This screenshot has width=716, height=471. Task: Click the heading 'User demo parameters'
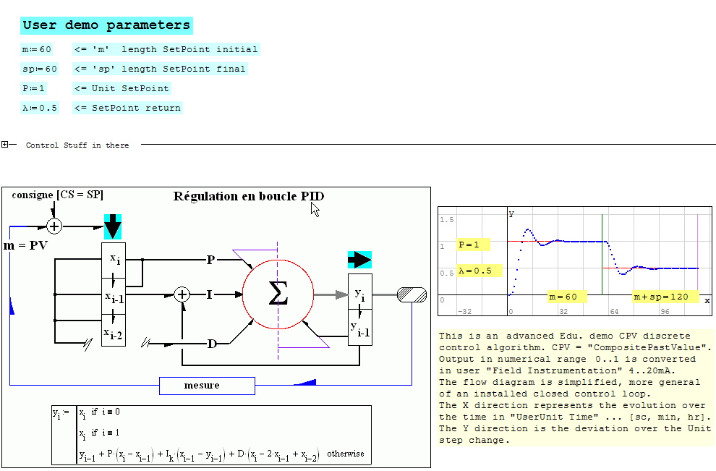[x=106, y=25]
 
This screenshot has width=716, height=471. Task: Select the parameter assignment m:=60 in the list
[x=36, y=50]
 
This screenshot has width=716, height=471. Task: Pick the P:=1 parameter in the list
[x=33, y=88]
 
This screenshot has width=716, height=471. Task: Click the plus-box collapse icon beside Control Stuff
[x=5, y=145]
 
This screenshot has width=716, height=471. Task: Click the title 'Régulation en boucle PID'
[x=249, y=197]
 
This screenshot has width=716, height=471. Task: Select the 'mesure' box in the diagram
[x=207, y=386]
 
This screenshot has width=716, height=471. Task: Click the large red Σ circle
[x=278, y=294]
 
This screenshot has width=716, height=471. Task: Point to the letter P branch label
[x=210, y=260]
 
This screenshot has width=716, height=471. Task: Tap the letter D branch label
[x=212, y=344]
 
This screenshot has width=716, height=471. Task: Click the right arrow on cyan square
[x=359, y=260]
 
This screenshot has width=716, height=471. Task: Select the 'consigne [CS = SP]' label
[x=57, y=195]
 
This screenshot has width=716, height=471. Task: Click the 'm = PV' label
[x=26, y=246]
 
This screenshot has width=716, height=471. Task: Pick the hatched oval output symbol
[x=411, y=294]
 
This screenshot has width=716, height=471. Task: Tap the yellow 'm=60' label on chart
[x=563, y=297]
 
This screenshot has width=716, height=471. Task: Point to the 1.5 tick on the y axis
[x=447, y=219]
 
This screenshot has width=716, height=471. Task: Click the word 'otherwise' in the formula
[x=346, y=454]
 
